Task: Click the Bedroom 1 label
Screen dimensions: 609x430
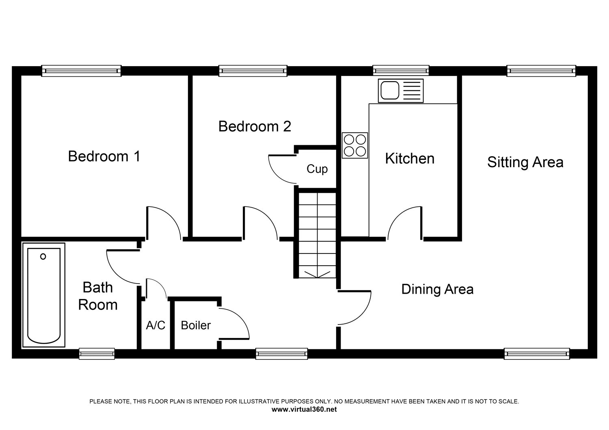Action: pyautogui.click(x=104, y=156)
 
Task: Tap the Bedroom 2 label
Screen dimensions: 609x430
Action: pyautogui.click(x=255, y=126)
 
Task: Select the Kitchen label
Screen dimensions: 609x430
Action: pyautogui.click(x=410, y=158)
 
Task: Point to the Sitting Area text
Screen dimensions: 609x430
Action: pyautogui.click(x=525, y=162)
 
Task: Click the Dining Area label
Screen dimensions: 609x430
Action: pyautogui.click(x=437, y=289)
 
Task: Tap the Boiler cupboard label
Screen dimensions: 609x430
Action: pyautogui.click(x=196, y=325)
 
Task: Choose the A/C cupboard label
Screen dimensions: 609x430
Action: pyautogui.click(x=155, y=325)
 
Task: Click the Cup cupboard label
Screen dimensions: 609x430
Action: pyautogui.click(x=317, y=169)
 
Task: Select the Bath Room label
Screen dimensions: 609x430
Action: pyautogui.click(x=97, y=296)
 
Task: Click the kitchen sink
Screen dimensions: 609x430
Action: pyautogui.click(x=401, y=91)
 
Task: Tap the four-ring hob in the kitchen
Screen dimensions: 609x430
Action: pyautogui.click(x=355, y=145)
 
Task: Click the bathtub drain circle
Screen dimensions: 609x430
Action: pyautogui.click(x=43, y=256)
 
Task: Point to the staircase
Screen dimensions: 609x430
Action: pyautogui.click(x=317, y=235)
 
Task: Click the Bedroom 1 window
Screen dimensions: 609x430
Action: pyautogui.click(x=81, y=71)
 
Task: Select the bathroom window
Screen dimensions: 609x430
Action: pyautogui.click(x=97, y=354)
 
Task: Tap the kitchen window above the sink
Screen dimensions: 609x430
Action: pyautogui.click(x=401, y=71)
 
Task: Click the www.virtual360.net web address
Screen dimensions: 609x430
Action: pyautogui.click(x=304, y=409)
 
